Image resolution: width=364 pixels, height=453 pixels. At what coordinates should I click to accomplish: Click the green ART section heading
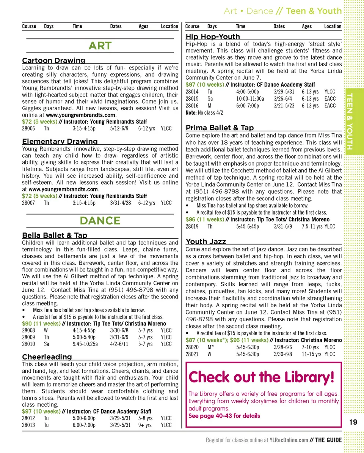pos(100,46)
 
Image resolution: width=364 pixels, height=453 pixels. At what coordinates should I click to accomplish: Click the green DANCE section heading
pos(100,221)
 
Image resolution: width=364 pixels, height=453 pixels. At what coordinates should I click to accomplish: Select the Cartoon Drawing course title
pos(53,60)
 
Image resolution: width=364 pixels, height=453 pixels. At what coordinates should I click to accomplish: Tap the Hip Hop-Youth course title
pos(213,36)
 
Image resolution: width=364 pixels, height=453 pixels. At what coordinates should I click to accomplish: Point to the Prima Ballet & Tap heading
pos(220,128)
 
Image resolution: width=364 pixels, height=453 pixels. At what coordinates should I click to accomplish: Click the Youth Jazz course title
pos(206,241)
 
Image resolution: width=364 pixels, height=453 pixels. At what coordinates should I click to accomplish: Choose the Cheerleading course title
pos(47,357)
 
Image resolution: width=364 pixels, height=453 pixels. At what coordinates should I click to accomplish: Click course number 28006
pos(28,128)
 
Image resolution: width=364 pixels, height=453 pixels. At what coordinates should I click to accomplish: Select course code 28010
pos(28,344)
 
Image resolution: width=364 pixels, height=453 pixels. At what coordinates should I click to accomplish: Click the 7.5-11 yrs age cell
pos(312,227)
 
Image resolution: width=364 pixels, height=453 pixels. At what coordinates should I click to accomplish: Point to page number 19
pos(353,422)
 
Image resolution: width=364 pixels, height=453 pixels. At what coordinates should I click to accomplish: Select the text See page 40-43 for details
pos(224,416)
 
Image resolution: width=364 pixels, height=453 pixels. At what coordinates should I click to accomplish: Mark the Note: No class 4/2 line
pos(204,113)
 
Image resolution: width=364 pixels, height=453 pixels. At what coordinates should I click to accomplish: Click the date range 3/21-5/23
pos(284,106)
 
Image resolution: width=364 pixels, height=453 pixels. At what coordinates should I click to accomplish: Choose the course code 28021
pos(192,354)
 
